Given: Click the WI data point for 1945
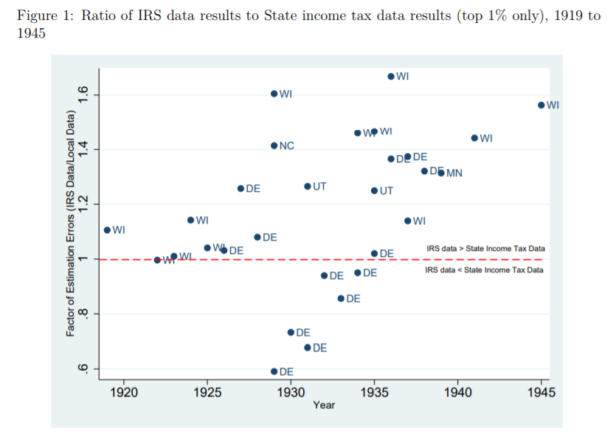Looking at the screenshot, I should [x=541, y=106].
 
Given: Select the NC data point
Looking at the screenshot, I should [x=274, y=146].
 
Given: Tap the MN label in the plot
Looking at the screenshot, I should [x=454, y=173].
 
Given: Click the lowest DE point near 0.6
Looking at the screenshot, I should [x=274, y=371].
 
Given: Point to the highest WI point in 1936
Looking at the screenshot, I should [x=391, y=77].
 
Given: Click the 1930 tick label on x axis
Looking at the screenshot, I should [x=291, y=392].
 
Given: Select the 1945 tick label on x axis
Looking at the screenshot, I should [x=541, y=392].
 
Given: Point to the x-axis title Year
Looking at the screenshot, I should [x=324, y=405].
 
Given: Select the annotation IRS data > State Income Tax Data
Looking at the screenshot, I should [x=485, y=249].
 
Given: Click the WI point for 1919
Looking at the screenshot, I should [x=107, y=230].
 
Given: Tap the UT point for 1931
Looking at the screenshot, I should [x=308, y=187].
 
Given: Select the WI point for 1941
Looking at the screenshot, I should [x=474, y=138].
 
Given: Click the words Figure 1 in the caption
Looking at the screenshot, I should [x=38, y=16].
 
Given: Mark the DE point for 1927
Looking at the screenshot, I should [x=240, y=189].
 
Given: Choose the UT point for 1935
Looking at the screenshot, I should [x=374, y=191].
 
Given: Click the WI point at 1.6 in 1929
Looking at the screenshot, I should [x=274, y=94].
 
